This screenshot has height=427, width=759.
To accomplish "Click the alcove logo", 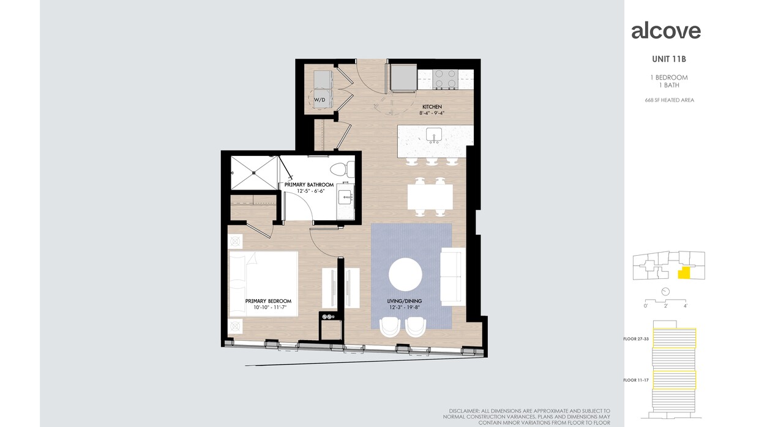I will tap(666, 31).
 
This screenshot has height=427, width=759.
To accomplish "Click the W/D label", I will tap(320, 98).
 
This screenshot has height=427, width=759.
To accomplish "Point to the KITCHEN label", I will tap(432, 107).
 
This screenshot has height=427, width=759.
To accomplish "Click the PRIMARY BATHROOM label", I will tap(309, 185).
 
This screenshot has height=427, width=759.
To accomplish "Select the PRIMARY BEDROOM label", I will tap(268, 301).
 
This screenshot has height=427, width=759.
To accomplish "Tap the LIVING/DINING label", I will tap(405, 302).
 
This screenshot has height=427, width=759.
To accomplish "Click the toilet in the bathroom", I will tap(342, 169).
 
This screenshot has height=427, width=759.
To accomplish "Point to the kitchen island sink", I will tap(435, 135).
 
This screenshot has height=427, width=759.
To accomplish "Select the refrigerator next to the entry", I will tap(404, 78).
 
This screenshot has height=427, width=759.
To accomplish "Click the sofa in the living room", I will tap(453, 277).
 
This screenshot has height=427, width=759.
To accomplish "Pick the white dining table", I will tap(430, 196).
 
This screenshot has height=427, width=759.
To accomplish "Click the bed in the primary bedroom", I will tap(263, 284).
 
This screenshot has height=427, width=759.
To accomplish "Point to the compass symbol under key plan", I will tap(665, 292).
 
